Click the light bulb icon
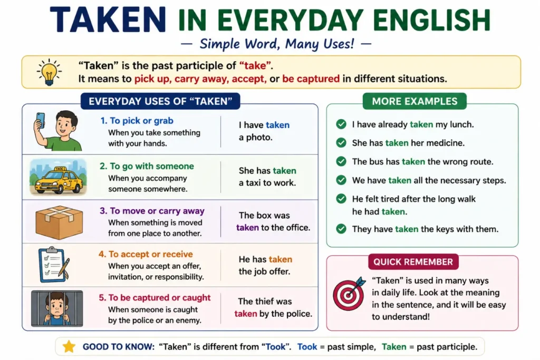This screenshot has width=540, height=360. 49,72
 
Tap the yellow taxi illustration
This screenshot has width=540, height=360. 58,177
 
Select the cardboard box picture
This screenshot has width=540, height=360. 59,222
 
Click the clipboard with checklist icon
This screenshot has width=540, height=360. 54,265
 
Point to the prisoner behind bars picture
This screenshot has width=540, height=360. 57,308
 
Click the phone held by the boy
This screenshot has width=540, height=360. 41,121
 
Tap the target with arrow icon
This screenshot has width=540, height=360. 349,294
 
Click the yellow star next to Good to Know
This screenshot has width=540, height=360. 69,347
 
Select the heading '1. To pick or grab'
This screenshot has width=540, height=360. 137,121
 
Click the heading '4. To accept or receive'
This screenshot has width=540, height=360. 146,255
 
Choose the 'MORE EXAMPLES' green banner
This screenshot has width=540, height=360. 414,101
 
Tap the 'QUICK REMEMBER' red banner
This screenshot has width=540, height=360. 413,262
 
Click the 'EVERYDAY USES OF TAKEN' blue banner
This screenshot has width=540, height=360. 160,101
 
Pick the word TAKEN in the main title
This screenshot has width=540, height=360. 108,20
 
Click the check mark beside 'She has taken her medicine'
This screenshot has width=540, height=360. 341,143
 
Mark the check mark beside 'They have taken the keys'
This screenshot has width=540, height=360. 341,229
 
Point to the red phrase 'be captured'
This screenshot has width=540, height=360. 311,79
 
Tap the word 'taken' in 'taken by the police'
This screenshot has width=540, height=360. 246,314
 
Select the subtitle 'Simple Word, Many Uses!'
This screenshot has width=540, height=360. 276,44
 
